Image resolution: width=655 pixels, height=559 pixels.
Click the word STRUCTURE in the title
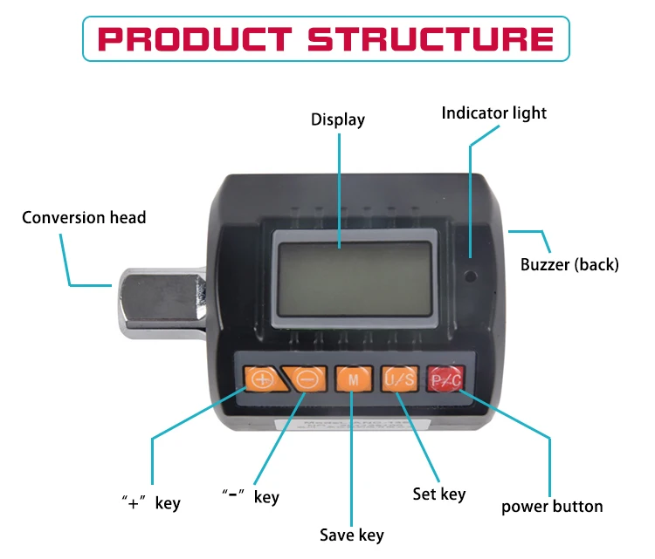tap(431, 39)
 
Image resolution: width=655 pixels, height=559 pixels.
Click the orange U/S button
tap(399, 379)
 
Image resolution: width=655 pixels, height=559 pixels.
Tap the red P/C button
tap(445, 379)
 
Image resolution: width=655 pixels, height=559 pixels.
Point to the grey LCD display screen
tap(355, 276)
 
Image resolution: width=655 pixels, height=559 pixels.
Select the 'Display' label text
tap(338, 119)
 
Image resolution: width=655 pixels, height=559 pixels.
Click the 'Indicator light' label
tap(493, 112)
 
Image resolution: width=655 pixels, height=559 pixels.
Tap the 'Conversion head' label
tap(84, 217)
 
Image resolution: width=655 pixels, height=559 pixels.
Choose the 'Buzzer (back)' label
tap(569, 264)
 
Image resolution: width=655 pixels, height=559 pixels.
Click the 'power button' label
tap(552, 506)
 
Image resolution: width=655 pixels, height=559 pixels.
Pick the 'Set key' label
tap(439, 494)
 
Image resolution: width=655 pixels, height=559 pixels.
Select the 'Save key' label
tap(351, 535)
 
